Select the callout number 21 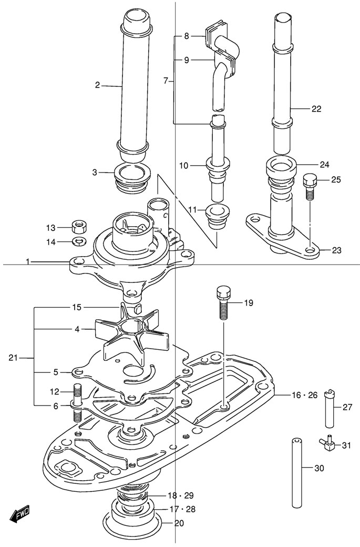tap(14, 358)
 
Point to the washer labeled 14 tap(79, 241)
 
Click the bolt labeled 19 tap(223, 303)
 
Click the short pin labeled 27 tap(330, 408)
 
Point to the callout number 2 tap(98, 85)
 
